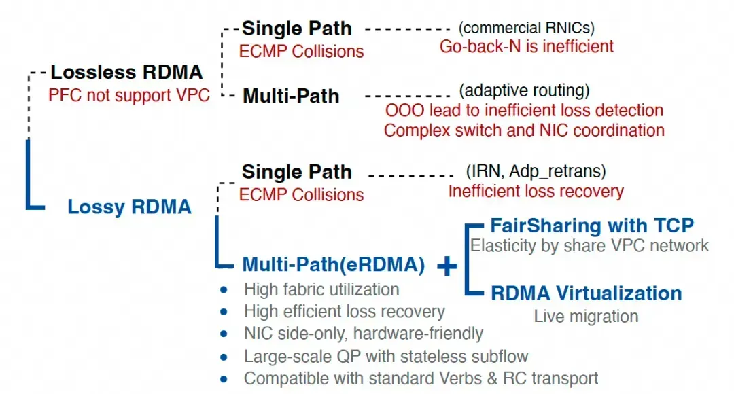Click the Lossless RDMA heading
[x=126, y=72]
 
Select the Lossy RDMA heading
[x=129, y=207]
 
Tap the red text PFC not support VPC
[x=128, y=94]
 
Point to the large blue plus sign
[x=447, y=267]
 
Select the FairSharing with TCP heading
[x=591, y=226]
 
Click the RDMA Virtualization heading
[x=586, y=293]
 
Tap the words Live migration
[x=586, y=316]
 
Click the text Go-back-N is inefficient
[x=527, y=46]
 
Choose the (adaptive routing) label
[x=524, y=90]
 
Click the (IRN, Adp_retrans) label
[x=536, y=171]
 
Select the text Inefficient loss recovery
[x=536, y=191]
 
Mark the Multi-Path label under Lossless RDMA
[x=291, y=96]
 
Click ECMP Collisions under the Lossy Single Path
[x=301, y=195]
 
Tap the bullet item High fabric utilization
[x=321, y=289]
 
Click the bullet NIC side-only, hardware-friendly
[x=364, y=334]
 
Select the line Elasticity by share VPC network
[x=590, y=245]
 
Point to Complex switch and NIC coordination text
[x=524, y=130]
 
